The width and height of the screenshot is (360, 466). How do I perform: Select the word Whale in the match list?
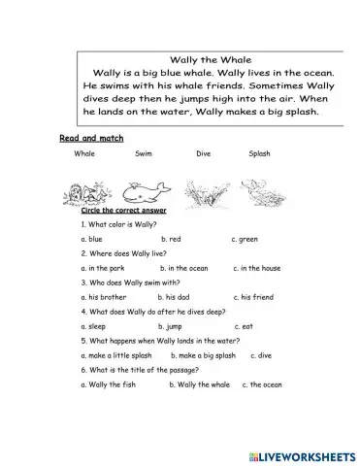coord(84,154)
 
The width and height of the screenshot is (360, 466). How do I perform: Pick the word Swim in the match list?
coord(143,154)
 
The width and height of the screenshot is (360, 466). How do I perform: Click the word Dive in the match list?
coord(203,154)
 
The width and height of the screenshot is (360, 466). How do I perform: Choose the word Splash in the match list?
coord(260,154)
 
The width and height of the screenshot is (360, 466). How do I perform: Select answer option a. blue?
coord(92,238)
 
